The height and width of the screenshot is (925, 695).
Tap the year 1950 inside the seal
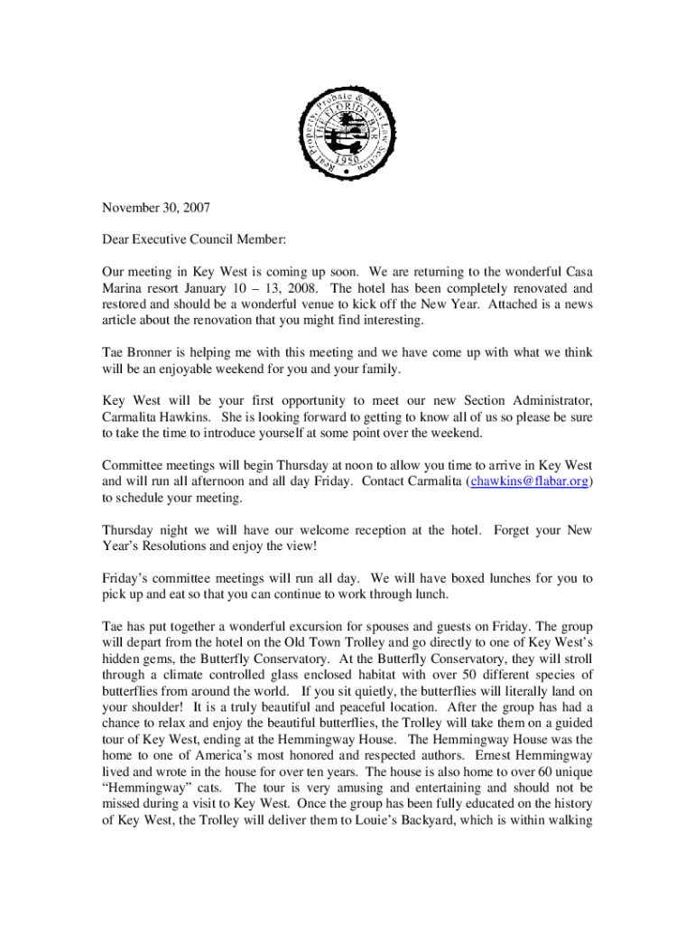click(347, 154)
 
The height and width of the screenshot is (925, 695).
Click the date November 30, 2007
click(156, 208)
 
